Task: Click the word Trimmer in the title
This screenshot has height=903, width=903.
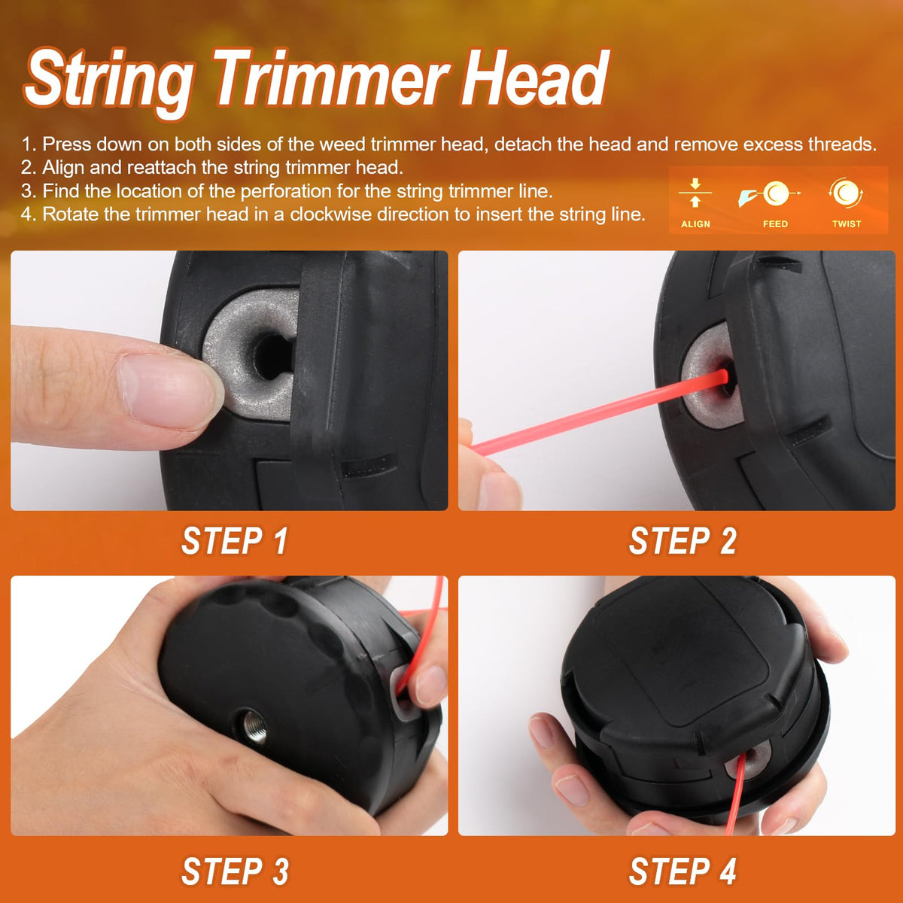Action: coord(331,78)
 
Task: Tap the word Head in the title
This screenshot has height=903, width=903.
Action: coord(535,78)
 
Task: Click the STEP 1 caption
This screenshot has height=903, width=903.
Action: coord(234,541)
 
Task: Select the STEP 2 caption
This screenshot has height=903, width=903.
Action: coord(683,541)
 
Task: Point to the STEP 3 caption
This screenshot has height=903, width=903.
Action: coord(235,871)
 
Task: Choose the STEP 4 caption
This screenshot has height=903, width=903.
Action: coord(683,871)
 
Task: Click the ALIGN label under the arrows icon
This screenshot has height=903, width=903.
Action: coord(695,224)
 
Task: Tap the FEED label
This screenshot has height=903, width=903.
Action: coord(775,224)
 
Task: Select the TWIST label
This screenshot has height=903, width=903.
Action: coord(847,224)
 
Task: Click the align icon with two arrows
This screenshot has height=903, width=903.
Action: coord(695,193)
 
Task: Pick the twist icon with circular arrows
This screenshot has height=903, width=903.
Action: coord(846,193)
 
